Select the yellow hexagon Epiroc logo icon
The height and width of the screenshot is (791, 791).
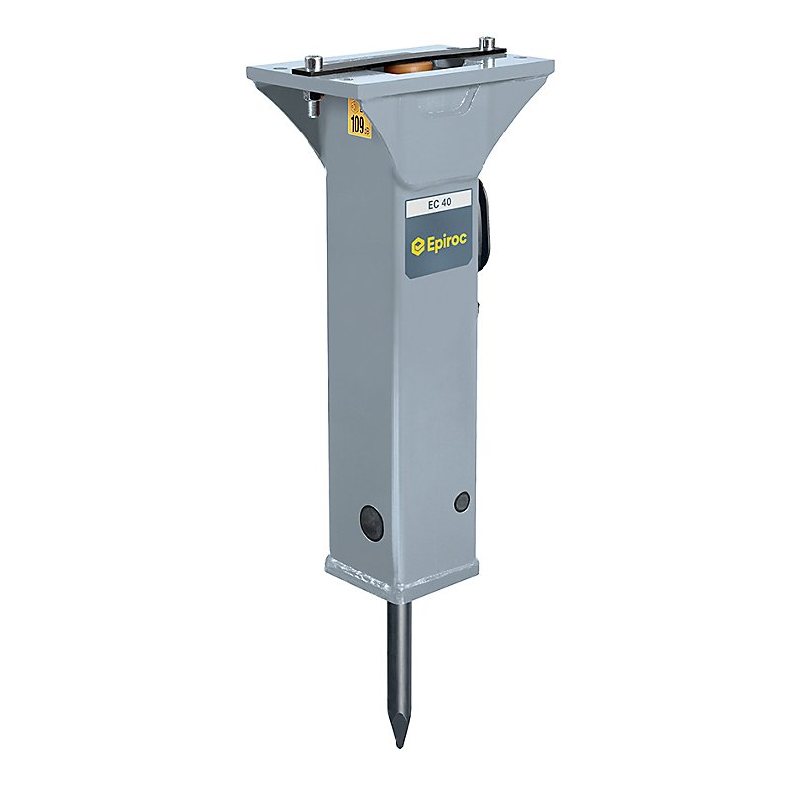(x=418, y=244)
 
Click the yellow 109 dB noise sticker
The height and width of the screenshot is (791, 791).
(x=360, y=120)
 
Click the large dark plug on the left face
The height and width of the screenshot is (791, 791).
(x=370, y=521)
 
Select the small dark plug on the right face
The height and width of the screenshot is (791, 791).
(x=462, y=502)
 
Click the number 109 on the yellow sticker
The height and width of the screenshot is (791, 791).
(x=359, y=123)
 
